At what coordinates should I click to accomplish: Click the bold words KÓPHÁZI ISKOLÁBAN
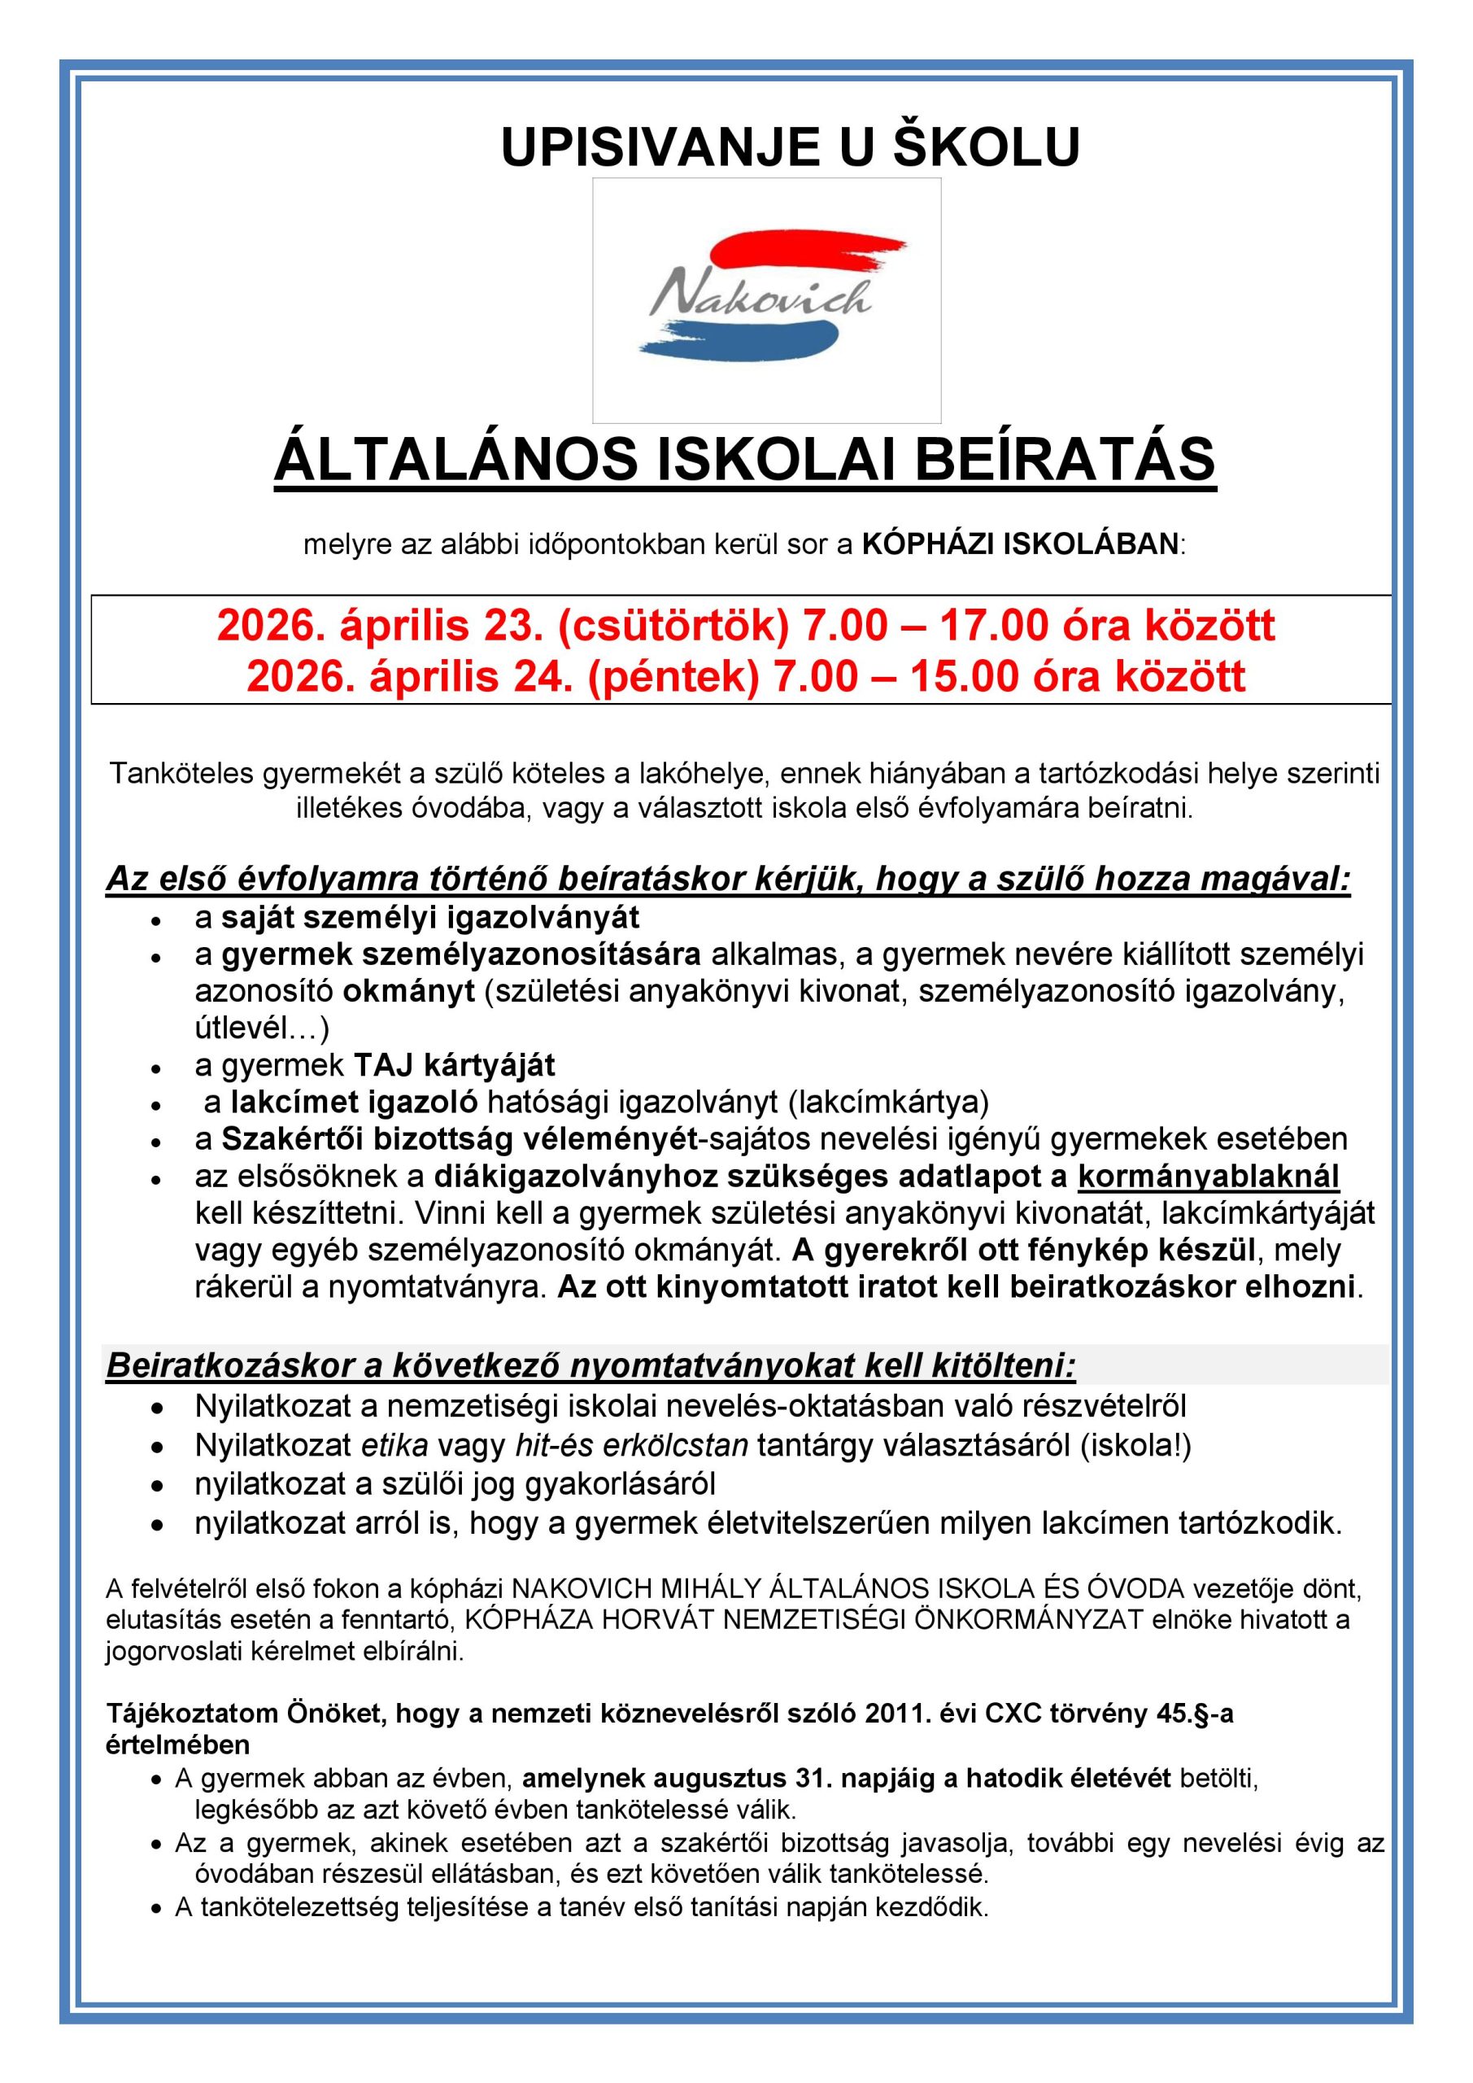coord(1021,544)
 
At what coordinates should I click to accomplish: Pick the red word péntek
coord(672,676)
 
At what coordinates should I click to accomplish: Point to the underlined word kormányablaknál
coord(1208,1176)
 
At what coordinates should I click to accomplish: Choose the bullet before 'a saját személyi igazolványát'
coord(157,919)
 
